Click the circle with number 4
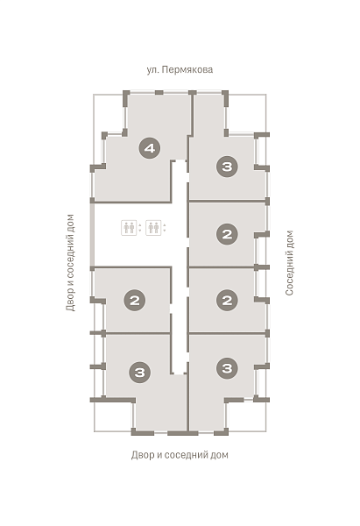pos(150,148)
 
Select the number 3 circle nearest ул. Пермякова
pos(227,167)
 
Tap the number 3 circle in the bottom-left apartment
pos(140,372)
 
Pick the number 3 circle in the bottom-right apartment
pos(227,368)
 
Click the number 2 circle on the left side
pos(134,300)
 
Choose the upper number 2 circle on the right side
pos(227,234)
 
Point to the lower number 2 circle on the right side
pos(227,300)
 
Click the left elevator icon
pos(129,228)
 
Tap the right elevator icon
pos(153,228)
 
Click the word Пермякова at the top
pos(187,70)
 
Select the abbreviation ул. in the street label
pos(152,70)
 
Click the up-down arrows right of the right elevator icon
pos(165,228)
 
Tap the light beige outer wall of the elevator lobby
pos(91,235)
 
